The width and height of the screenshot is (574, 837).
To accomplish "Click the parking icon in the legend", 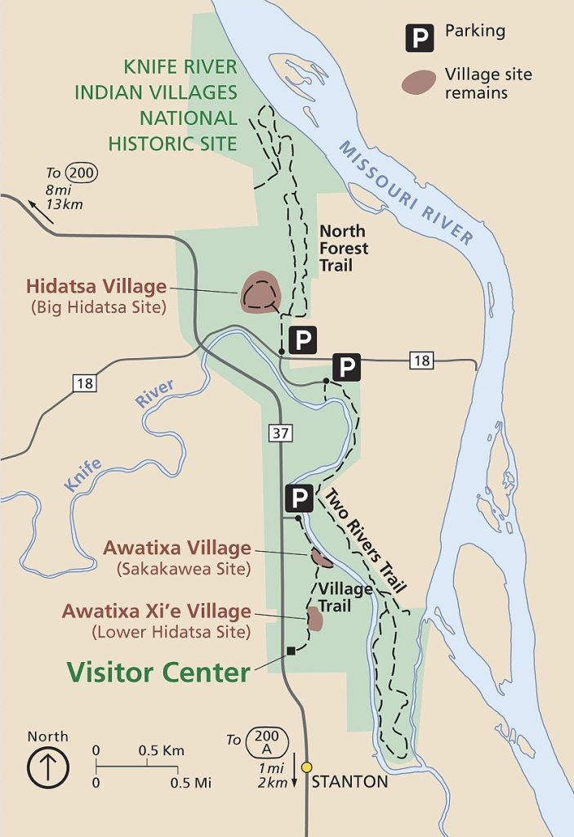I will click(x=420, y=38).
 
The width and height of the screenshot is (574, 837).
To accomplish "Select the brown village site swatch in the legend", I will click(x=417, y=82).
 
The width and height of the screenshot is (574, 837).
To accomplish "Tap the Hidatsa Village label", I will click(x=96, y=287).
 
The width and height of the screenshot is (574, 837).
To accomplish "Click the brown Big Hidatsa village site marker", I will click(x=260, y=293).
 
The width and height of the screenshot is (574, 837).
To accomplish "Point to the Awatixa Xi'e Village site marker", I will click(x=314, y=619).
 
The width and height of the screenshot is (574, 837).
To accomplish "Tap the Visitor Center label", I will click(x=158, y=672).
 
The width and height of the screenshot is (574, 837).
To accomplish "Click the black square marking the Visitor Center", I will click(x=291, y=651).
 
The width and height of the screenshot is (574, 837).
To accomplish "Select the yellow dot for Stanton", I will click(x=306, y=767).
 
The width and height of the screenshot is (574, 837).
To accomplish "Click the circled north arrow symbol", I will click(x=48, y=768).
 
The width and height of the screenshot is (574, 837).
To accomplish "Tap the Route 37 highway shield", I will click(x=279, y=433).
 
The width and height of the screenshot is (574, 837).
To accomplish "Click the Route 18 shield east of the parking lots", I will click(x=421, y=360).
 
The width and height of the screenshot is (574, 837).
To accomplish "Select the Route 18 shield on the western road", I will click(x=84, y=383).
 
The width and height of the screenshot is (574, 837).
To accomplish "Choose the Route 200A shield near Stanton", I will click(x=266, y=741).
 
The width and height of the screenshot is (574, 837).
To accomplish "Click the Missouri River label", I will click(x=406, y=193).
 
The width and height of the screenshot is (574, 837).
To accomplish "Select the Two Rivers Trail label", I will click(x=365, y=540).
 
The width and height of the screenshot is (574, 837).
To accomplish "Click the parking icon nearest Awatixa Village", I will click(x=298, y=497).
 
